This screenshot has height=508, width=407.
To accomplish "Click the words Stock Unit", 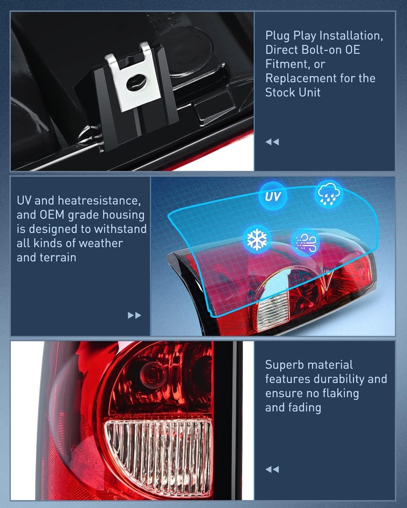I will click(293, 92).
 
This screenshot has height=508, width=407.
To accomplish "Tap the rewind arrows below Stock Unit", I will click(272, 142).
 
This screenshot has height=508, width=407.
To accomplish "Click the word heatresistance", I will click(99, 200).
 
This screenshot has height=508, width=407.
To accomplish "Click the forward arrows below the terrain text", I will click(134, 316).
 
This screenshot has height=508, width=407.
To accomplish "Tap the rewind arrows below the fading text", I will click(272, 469).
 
